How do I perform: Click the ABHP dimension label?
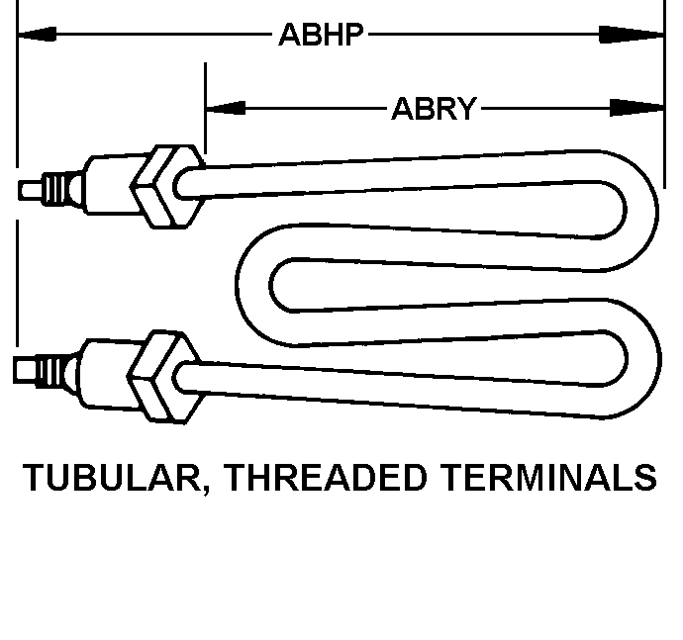tap(322, 37)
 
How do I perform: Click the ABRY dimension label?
tap(434, 108)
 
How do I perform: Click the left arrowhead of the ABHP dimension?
tap(36, 36)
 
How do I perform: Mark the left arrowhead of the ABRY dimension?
tap(224, 107)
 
